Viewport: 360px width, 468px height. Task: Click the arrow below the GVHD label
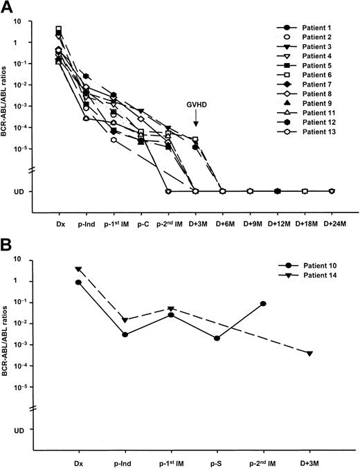point(195,122)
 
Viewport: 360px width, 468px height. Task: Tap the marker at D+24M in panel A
point(332,190)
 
